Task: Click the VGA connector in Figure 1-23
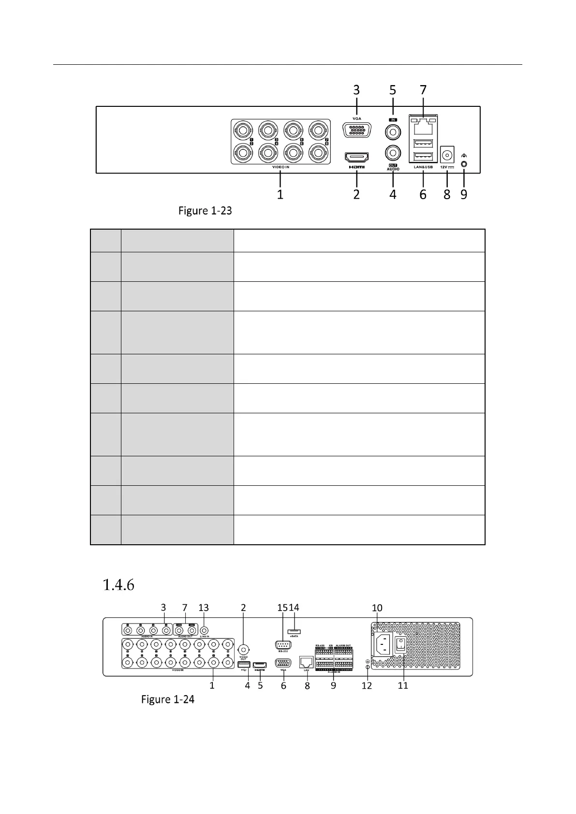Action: [356, 131]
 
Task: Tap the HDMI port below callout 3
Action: [356, 157]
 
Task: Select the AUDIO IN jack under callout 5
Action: [393, 131]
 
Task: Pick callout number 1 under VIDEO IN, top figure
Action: [280, 194]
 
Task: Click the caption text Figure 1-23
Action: [205, 211]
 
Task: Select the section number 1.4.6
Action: [118, 585]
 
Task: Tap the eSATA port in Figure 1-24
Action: [294, 631]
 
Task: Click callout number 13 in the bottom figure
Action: [204, 608]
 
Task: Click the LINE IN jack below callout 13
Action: [204, 630]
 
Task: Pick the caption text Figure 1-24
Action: [167, 699]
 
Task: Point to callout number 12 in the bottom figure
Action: [367, 685]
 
